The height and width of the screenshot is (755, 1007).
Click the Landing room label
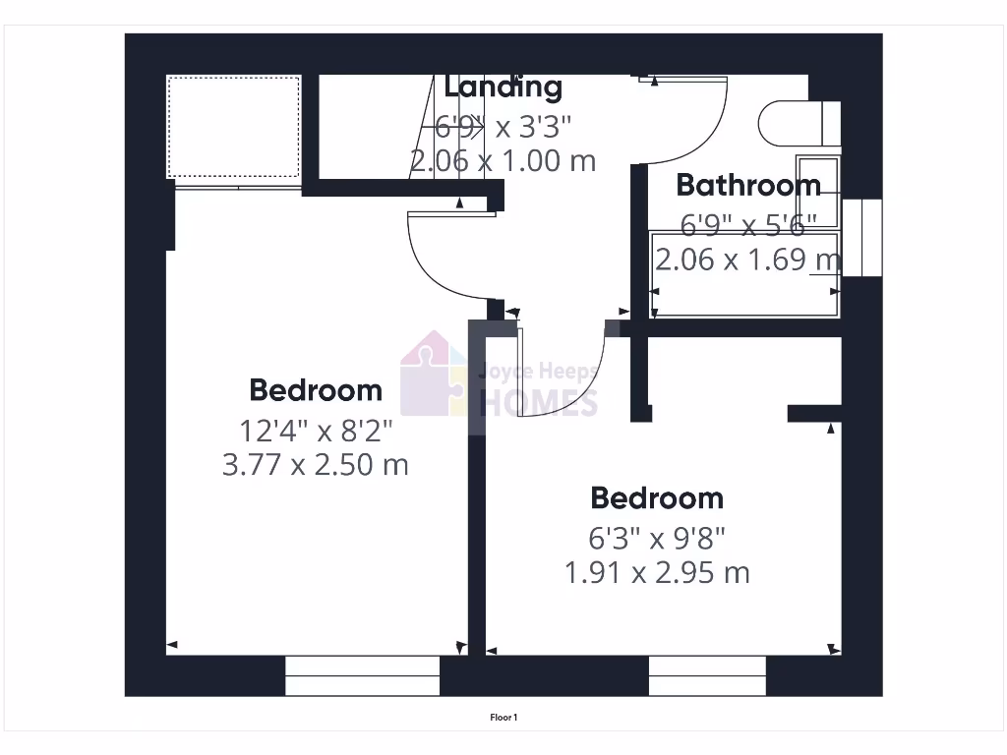pos(503,87)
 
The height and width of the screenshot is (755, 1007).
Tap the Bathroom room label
pos(748,185)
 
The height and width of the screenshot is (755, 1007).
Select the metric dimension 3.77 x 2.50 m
pos(315,464)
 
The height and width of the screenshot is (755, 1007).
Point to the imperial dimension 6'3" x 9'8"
pos(656,538)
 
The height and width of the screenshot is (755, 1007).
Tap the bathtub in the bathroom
pos(744,275)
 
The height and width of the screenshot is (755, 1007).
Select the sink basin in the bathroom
pos(817,191)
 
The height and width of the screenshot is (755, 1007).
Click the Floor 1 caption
pos(503,718)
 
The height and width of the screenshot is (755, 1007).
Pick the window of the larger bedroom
pos(362,676)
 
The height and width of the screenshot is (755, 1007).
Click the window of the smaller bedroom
pos(707,676)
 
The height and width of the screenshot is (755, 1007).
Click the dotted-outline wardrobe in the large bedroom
pos(233,127)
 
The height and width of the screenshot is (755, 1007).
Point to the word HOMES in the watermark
pos(538,402)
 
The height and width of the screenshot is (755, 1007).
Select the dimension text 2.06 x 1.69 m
pos(748,260)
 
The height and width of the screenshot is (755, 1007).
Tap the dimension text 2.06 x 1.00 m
pos(503,160)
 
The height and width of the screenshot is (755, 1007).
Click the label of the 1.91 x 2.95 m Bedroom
pos(656,498)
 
